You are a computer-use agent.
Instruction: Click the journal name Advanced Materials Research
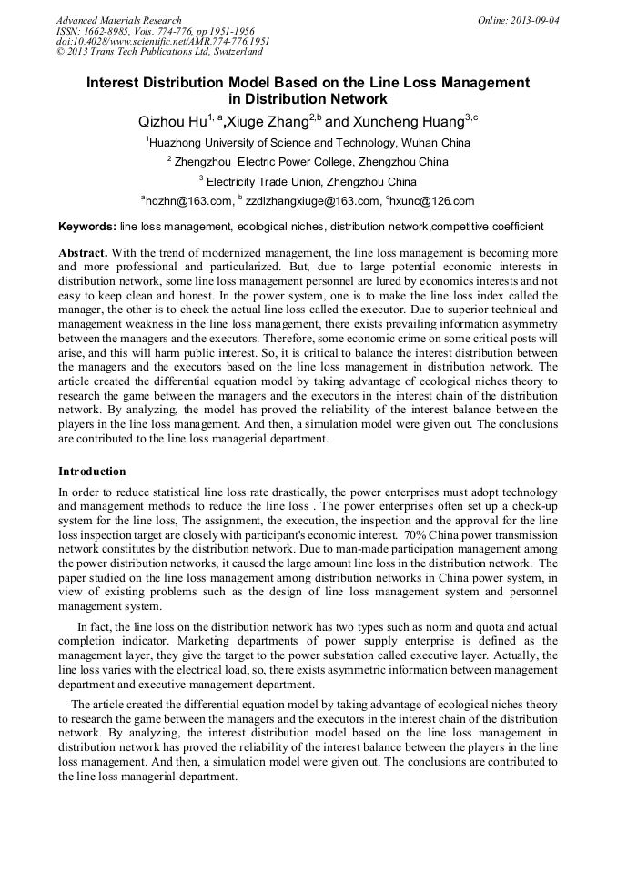click(x=118, y=20)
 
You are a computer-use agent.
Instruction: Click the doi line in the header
click(x=163, y=41)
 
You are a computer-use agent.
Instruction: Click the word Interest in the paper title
click(x=116, y=82)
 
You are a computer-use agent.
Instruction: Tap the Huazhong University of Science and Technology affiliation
click(x=309, y=142)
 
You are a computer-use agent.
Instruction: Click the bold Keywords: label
click(x=86, y=227)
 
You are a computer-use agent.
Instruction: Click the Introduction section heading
click(x=92, y=472)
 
